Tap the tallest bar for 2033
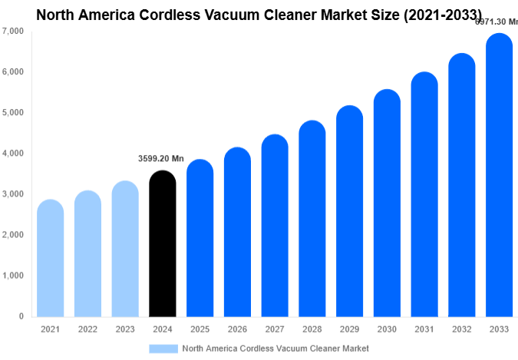[x=500, y=176]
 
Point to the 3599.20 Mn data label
[x=161, y=159]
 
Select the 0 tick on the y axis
[x=20, y=316]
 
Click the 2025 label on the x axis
[x=200, y=329]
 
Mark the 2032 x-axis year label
[x=462, y=329]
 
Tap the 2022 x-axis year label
[x=87, y=329]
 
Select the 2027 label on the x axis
[x=275, y=329]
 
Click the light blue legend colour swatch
[x=163, y=348]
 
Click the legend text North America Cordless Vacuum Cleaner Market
[x=275, y=348]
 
